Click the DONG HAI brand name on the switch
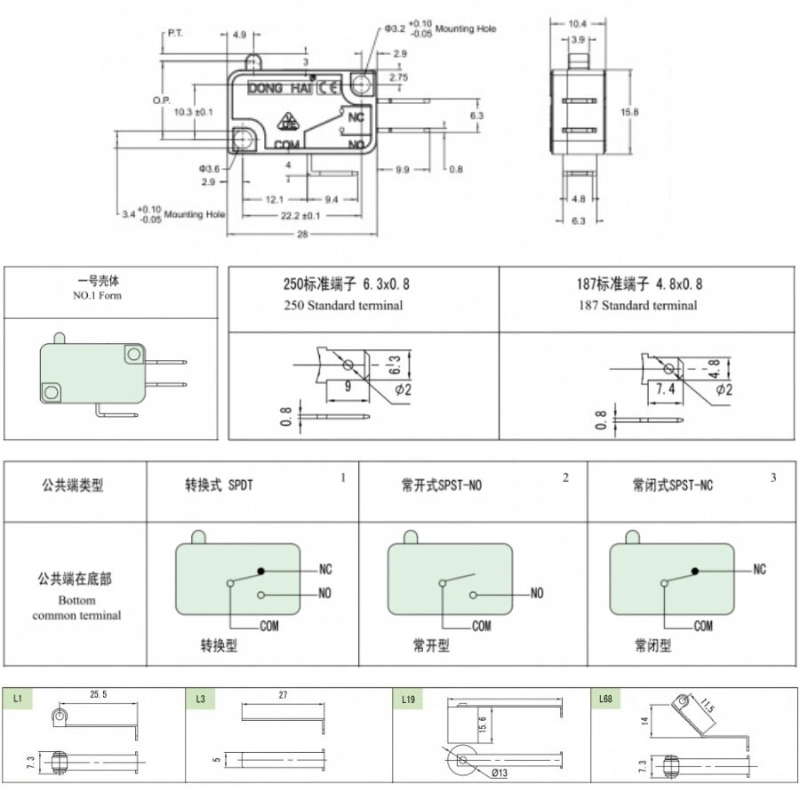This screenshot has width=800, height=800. (x=277, y=87)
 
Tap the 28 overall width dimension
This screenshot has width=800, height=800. (x=301, y=234)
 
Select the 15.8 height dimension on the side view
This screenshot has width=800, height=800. (x=629, y=112)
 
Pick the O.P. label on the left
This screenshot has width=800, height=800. (x=161, y=100)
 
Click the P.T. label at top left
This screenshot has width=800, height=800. (x=174, y=34)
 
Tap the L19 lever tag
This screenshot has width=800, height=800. (x=408, y=700)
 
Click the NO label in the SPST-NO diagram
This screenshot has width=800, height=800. (x=537, y=594)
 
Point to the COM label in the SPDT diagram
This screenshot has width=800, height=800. (x=269, y=626)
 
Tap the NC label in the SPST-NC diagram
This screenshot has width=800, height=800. (x=759, y=570)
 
